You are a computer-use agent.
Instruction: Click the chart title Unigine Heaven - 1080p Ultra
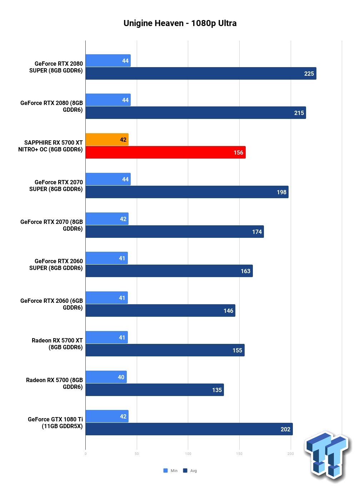coord(180,23)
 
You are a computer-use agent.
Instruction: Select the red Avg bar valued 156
coord(165,152)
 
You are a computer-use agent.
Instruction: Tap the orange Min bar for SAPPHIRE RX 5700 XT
coord(107,139)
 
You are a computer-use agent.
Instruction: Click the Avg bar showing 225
coord(201,74)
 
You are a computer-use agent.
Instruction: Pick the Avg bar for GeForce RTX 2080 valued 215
coord(196,113)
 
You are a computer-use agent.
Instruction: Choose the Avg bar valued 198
coord(187,192)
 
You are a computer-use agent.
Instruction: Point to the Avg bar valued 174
coord(175,231)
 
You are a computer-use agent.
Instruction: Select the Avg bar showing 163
coord(169,271)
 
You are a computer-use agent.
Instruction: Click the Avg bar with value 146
coord(160,310)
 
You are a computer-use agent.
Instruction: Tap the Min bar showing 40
coord(106,377)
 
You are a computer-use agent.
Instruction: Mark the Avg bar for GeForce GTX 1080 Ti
coord(189,429)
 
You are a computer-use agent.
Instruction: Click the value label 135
coord(217,390)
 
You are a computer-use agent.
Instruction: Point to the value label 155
coord(237,350)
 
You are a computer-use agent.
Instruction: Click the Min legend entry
coord(170,471)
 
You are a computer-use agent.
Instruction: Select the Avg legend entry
coord(190,471)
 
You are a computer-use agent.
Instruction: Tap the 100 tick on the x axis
coord(188,454)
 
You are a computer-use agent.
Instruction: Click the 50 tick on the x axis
coord(137,454)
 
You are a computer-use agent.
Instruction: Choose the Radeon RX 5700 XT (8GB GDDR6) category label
coord(57,344)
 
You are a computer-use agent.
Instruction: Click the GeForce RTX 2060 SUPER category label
coord(56,264)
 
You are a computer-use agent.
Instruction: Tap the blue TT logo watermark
coord(327,454)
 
